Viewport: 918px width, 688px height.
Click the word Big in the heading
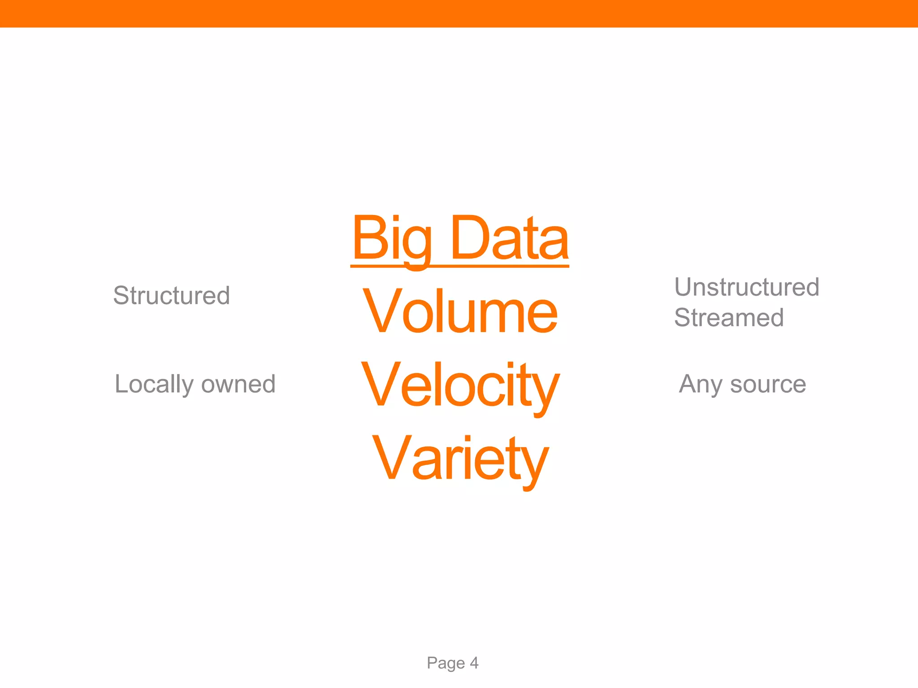click(392, 240)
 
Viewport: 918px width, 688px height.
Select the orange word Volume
click(460, 312)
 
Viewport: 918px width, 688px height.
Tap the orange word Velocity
click(460, 385)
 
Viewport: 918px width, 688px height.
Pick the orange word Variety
click(460, 459)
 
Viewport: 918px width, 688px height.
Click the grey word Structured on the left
click(172, 296)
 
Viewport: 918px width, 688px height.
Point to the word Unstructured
click(747, 287)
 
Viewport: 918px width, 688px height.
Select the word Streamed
click(729, 318)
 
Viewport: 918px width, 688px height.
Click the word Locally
click(153, 384)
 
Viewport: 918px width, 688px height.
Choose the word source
click(768, 385)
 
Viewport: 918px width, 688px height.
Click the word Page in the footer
click(445, 663)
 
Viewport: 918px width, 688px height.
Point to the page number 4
click(474, 662)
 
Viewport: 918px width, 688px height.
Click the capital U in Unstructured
click(684, 287)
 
